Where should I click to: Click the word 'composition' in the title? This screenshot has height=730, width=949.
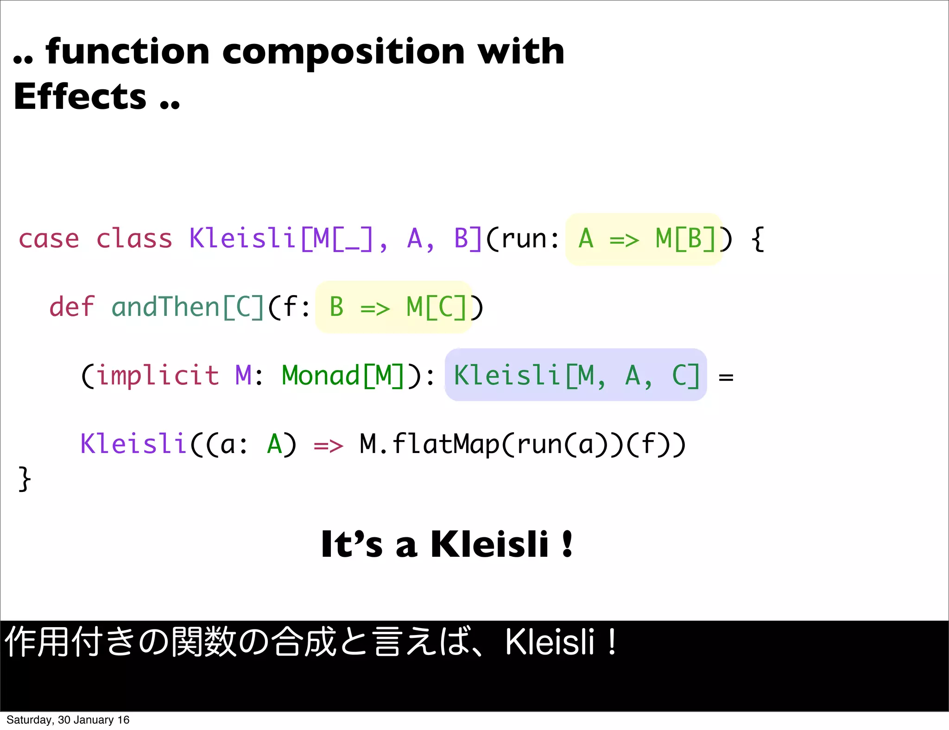click(343, 52)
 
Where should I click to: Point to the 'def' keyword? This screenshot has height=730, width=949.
click(72, 307)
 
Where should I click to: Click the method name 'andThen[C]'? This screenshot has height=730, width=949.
click(188, 307)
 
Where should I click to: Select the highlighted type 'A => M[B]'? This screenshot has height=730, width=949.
click(644, 239)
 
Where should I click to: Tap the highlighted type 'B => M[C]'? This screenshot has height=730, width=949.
click(394, 307)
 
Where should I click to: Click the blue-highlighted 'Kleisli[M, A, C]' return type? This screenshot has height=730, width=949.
click(576, 375)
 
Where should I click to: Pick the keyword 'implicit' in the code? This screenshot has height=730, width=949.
click(158, 375)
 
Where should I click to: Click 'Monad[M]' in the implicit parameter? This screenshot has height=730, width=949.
click(343, 375)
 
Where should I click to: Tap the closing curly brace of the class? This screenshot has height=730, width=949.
click(25, 478)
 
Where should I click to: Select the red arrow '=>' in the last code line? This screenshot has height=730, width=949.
click(328, 446)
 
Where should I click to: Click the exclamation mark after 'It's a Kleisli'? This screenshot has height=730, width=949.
click(567, 544)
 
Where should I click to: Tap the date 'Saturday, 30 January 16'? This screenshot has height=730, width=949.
click(68, 720)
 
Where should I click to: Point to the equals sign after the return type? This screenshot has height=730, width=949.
click(726, 378)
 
